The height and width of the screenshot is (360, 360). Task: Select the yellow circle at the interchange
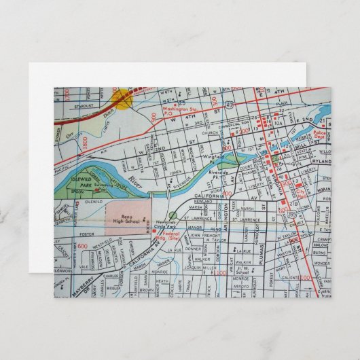pyautogui.click(x=123, y=100)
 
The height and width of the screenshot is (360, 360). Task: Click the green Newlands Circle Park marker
pyautogui.click(x=173, y=216)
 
